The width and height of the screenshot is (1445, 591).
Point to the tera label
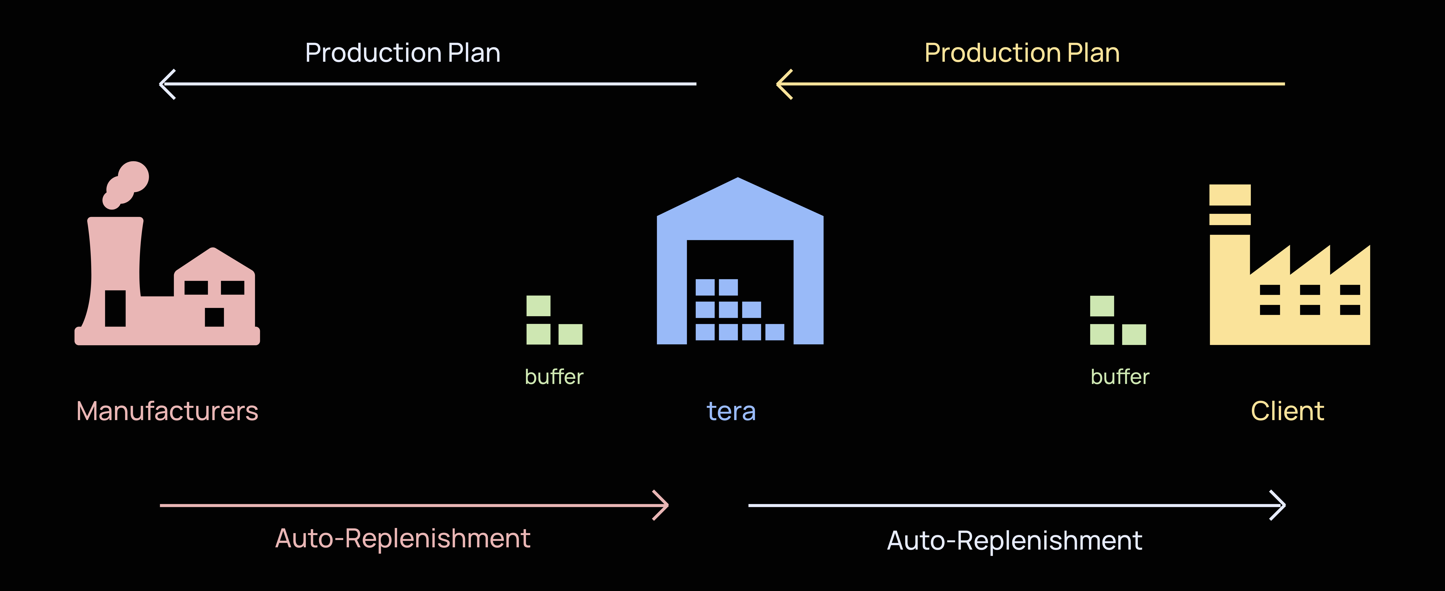point(731,411)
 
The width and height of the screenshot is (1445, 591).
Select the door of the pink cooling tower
point(115,308)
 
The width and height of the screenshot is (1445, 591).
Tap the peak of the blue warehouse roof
point(738,178)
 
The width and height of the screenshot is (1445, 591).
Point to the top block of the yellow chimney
point(1230,195)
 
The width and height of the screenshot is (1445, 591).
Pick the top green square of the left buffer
point(539,306)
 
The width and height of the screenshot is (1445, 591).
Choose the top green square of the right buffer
point(1102,306)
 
